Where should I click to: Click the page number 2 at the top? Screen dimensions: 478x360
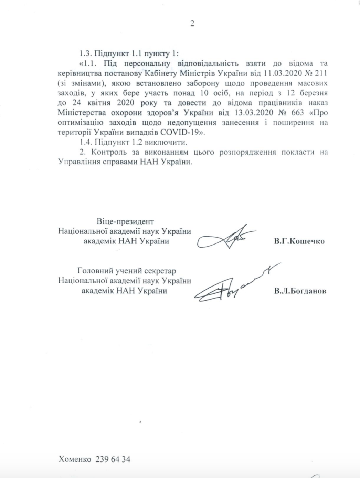[x=192, y=23]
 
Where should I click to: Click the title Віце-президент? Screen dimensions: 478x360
[x=125, y=221]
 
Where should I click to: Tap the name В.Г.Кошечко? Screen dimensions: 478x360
[x=299, y=241]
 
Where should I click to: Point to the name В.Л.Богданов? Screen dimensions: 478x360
[x=300, y=291]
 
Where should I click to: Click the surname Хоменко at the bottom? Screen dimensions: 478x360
[x=75, y=459]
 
